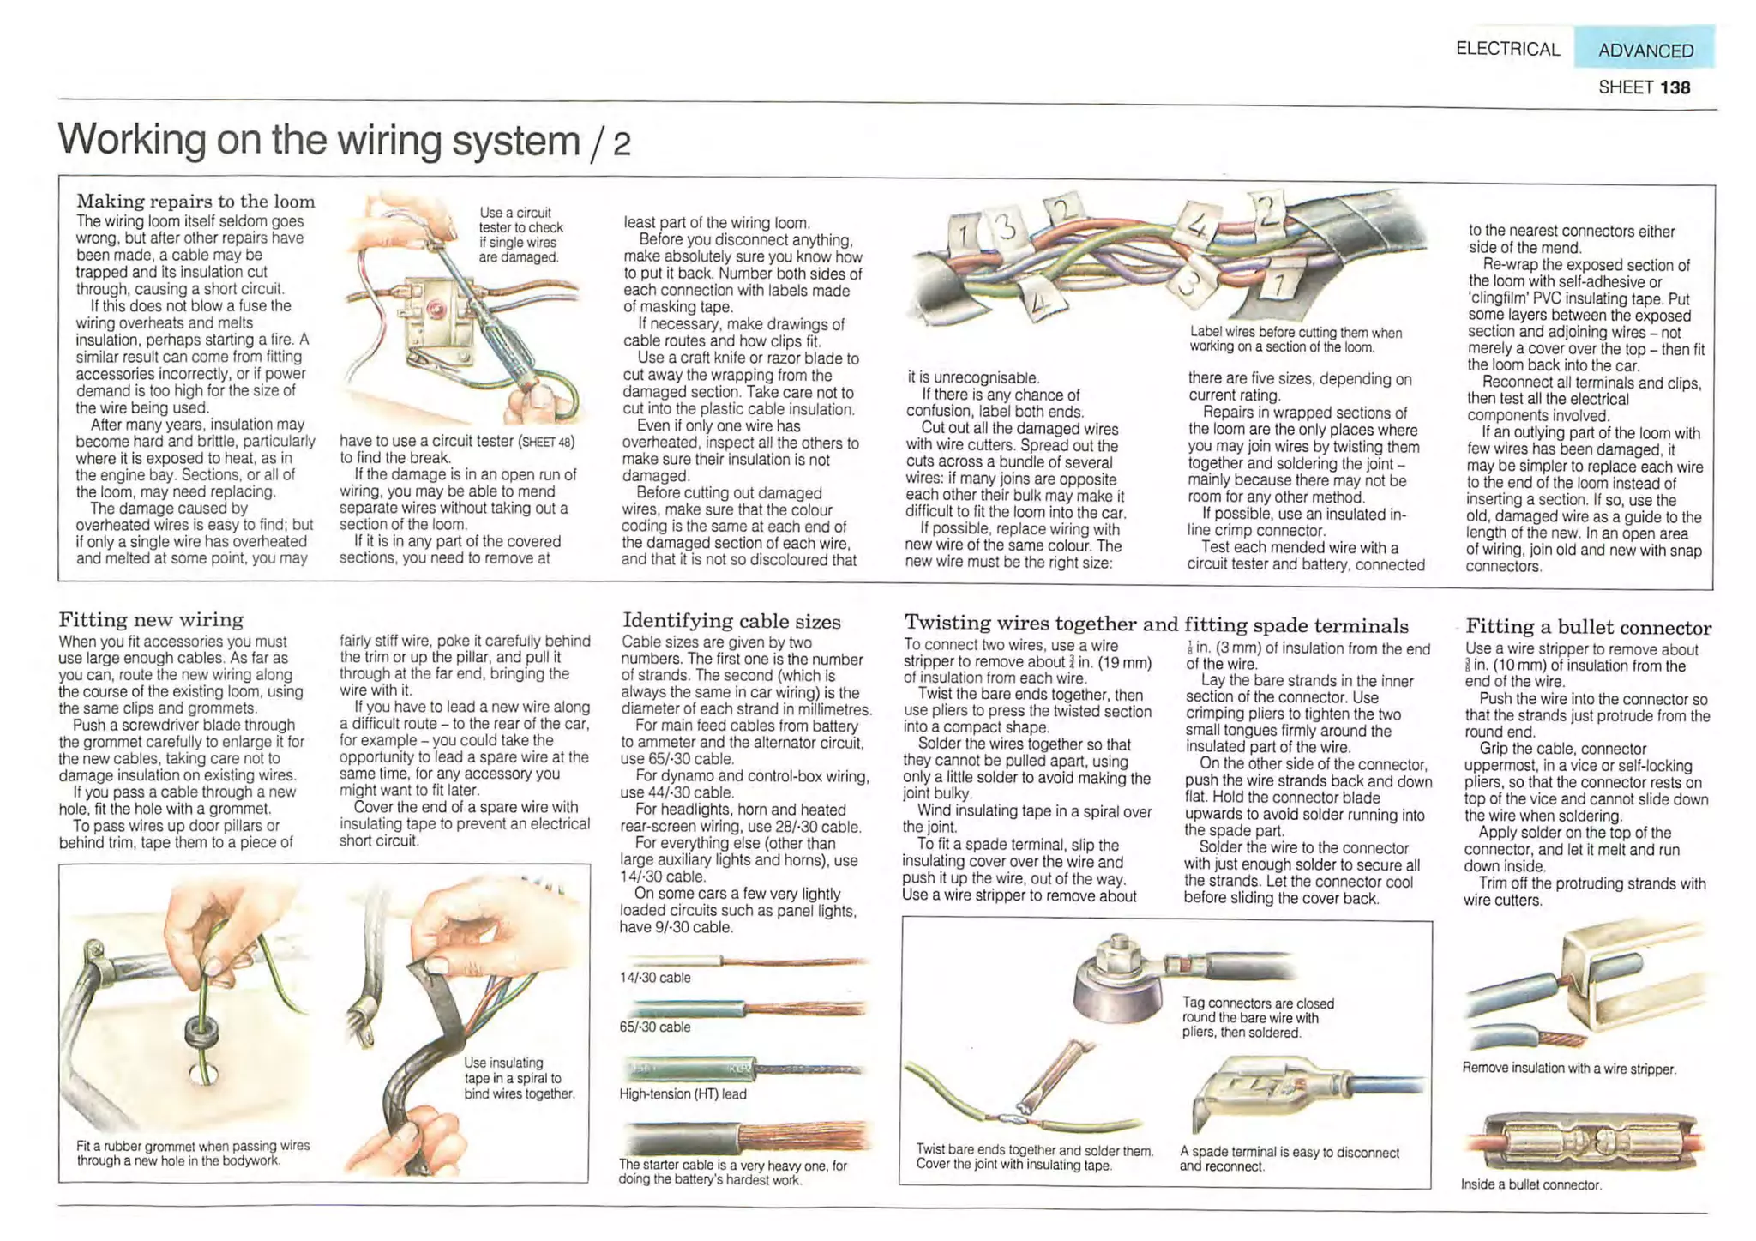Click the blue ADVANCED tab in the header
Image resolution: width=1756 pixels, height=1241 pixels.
point(1645,50)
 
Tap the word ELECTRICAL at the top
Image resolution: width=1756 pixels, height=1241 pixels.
point(1507,49)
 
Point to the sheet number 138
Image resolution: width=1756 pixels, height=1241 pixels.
point(1675,87)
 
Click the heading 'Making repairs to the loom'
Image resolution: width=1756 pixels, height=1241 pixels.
point(195,202)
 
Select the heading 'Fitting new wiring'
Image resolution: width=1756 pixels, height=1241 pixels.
point(151,619)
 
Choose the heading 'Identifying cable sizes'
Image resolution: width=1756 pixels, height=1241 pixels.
point(731,621)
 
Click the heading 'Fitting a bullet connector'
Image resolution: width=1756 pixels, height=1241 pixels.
point(1588,627)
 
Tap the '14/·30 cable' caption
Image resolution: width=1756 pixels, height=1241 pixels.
point(655,978)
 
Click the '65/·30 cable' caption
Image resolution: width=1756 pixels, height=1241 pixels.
point(655,1027)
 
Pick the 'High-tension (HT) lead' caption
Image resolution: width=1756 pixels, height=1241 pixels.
point(683,1094)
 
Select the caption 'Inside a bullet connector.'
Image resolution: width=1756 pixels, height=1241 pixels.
point(1530,1185)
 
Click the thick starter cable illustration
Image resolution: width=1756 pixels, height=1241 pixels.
point(746,1139)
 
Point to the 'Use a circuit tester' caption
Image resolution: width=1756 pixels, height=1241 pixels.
point(520,235)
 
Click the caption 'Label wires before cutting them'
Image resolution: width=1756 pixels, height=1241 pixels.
point(1295,340)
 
